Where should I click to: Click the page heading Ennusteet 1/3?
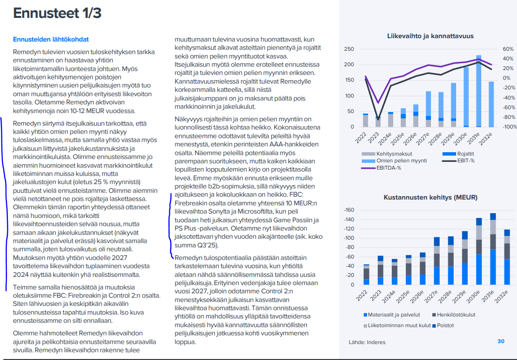(57, 13)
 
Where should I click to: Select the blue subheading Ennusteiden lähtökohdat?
(51, 40)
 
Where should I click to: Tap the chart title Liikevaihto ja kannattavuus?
(430, 36)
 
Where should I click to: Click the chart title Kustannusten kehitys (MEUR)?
(430, 197)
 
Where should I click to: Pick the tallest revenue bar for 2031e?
(479, 91)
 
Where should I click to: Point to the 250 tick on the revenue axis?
(349, 49)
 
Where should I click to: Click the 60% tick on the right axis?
(508, 49)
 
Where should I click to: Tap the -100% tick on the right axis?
(510, 127)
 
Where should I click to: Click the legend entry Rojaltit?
(458, 154)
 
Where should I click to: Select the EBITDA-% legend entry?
(381, 168)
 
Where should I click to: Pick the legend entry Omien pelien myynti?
(394, 161)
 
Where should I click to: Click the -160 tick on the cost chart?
(349, 210)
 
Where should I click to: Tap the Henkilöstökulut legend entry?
(454, 315)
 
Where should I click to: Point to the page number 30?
(501, 341)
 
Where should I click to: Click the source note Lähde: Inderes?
(367, 342)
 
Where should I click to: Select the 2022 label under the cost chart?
(362, 295)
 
